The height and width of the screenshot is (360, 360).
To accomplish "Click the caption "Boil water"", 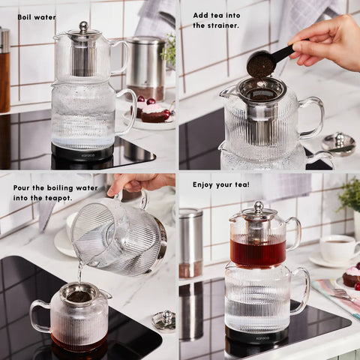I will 36,16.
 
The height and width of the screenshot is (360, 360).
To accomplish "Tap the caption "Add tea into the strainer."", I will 216,20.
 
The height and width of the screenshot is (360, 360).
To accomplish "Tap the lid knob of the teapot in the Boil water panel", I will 83,27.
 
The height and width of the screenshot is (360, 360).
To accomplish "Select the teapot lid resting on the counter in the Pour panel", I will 164,320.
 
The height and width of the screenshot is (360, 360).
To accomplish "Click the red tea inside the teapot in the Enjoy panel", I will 257,252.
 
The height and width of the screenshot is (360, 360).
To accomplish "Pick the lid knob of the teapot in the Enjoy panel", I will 257,205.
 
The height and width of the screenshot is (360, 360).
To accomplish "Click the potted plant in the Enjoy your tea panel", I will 349,196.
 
